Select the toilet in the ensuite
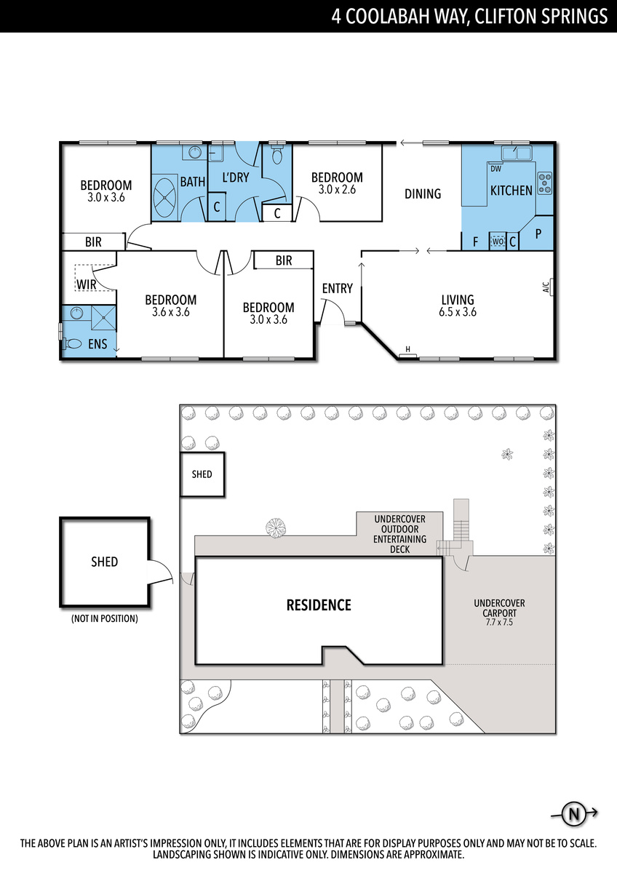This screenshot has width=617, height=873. [74, 343]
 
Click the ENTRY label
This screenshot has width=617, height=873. [337, 289]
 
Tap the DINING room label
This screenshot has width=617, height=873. [423, 194]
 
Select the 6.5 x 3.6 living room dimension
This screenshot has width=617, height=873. [457, 312]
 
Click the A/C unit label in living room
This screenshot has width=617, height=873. [546, 287]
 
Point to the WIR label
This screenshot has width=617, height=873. [87, 284]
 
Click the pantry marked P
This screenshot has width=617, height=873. [539, 234]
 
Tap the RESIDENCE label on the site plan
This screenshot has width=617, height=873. [318, 605]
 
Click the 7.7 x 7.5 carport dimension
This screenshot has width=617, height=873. [498, 623]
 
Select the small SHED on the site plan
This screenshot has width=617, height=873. [202, 474]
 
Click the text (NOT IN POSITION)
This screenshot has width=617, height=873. [104, 619]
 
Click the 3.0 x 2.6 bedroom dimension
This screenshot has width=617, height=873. [337, 189]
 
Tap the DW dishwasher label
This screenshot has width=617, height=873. [496, 170]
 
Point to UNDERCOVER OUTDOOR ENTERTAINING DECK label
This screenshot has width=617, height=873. [399, 534]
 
